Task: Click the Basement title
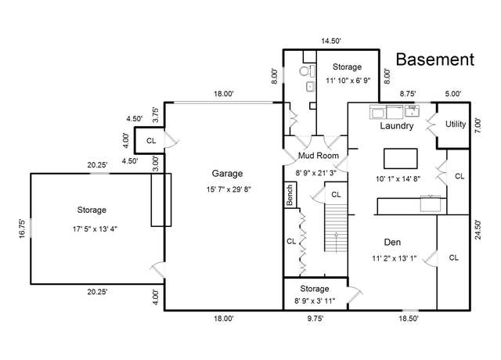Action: pos(435,59)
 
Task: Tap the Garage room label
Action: pos(227,174)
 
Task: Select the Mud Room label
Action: pos(319,156)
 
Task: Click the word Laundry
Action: pos(397,125)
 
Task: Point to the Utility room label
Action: pos(456,124)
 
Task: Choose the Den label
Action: pos(392,242)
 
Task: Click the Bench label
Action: pos(290,195)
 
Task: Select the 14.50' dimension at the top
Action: pos(331,41)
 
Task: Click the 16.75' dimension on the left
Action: pos(22,229)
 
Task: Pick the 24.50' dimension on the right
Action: pos(478,229)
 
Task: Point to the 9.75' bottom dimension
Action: pos(315,319)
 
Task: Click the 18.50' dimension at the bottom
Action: pos(409,319)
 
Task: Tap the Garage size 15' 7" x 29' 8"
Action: pos(229,189)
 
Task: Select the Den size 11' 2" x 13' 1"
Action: pos(394,258)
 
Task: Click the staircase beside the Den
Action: pos(336,229)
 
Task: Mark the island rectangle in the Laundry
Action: pos(400,158)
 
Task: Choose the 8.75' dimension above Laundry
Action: pos(408,94)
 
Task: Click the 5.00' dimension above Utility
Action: pos(453,94)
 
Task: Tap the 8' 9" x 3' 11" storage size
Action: pos(315,301)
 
